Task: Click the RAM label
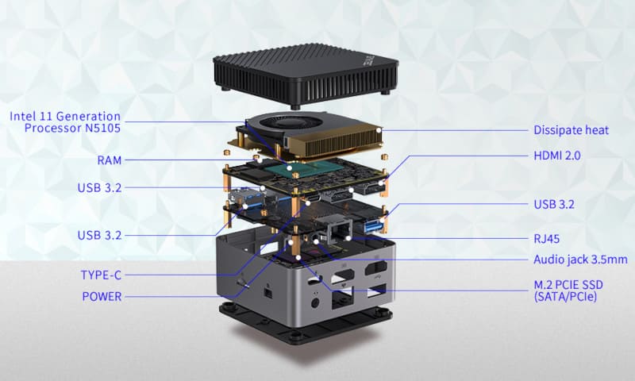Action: [x=109, y=160]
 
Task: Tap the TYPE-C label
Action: [x=101, y=275]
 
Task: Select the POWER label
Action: [x=102, y=297]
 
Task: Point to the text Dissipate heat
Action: [x=571, y=129]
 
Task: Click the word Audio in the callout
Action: [x=549, y=260]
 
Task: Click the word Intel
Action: [x=24, y=116]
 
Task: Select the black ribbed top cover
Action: [x=310, y=75]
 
